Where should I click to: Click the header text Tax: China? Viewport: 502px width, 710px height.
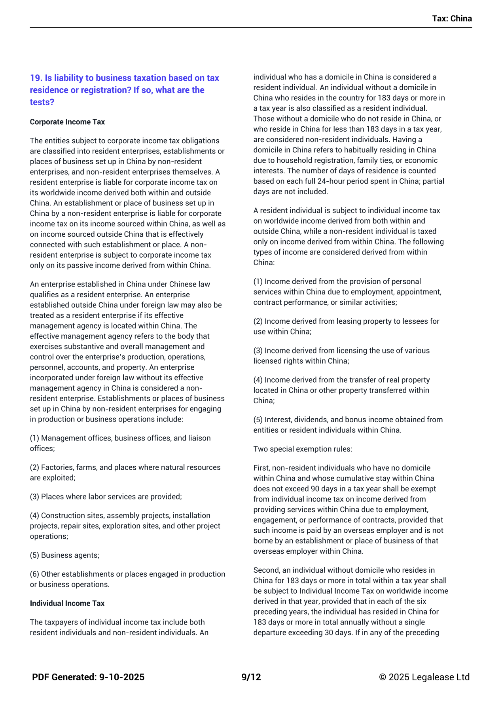[452, 19]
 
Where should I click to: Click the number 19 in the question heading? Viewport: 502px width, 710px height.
[36, 78]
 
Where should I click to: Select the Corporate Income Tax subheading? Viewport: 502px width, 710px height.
[67, 122]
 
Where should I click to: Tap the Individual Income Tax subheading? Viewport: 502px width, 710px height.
[67, 603]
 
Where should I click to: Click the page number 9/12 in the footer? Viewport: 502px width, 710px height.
[251, 677]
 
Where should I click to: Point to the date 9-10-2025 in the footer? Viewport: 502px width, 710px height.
[122, 677]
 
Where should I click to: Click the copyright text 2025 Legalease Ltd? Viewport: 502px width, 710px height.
[429, 677]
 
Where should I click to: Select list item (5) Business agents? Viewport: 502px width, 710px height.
[64, 555]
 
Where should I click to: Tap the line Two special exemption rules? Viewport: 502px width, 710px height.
[303, 449]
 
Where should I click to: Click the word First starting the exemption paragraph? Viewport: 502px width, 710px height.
[261, 468]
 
